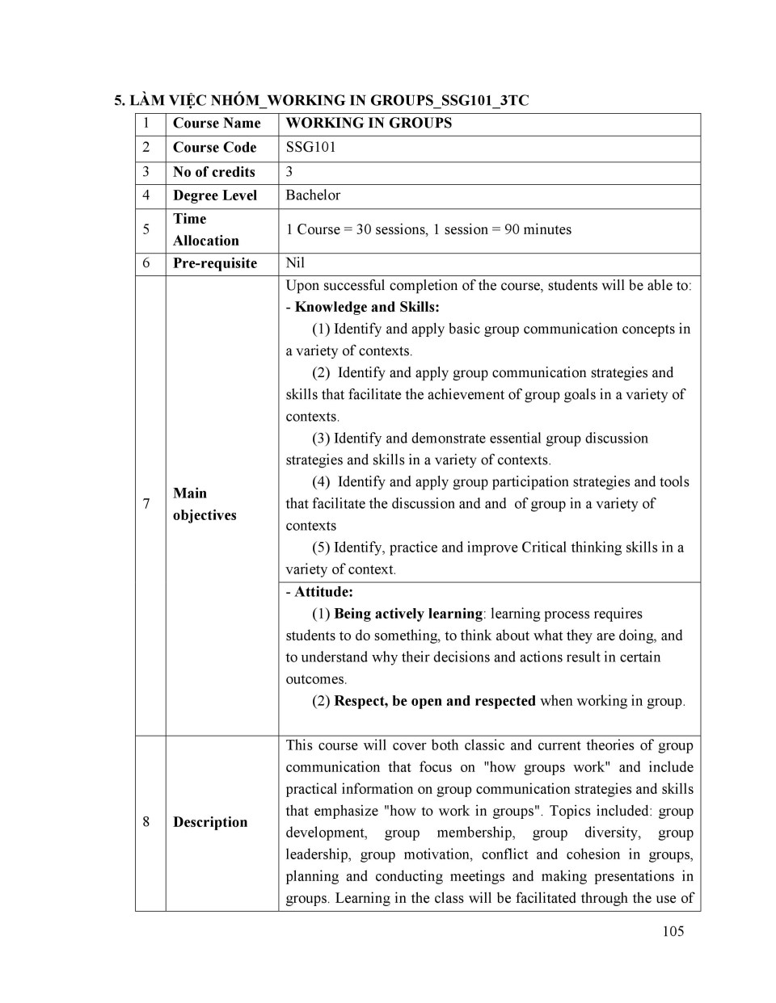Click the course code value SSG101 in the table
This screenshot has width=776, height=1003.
click(310, 147)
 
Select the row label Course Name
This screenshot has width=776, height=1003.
click(217, 123)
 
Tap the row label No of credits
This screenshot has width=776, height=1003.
click(213, 171)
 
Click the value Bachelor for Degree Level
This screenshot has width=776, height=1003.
click(313, 195)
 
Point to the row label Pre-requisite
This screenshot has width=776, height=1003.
click(214, 262)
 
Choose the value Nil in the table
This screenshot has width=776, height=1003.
click(295, 262)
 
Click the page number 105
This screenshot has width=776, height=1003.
click(673, 931)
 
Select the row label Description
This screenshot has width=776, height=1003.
click(210, 822)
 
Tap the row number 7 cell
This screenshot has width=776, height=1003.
click(146, 504)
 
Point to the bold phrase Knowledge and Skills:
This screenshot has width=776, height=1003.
click(367, 307)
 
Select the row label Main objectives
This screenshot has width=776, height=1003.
click(204, 504)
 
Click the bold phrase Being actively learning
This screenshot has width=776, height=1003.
click(407, 613)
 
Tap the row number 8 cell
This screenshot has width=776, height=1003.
click(146, 822)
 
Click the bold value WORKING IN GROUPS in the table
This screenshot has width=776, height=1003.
click(369, 123)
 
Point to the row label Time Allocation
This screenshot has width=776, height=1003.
click(205, 229)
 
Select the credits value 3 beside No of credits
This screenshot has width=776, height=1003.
click(289, 171)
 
